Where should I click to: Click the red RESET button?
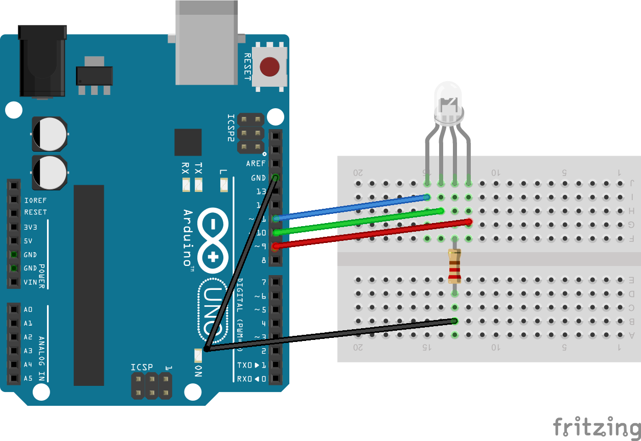[269, 67]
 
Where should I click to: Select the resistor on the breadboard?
[454, 265]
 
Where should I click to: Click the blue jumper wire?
[353, 208]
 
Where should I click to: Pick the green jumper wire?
[358, 222]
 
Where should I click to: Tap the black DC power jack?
[42, 61]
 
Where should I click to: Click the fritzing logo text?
[597, 427]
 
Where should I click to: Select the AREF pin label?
[256, 164]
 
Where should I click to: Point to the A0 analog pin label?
[28, 309]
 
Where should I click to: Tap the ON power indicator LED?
[198, 354]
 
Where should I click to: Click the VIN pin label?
[31, 282]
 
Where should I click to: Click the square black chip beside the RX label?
[188, 142]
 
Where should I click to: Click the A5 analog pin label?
[28, 378]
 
